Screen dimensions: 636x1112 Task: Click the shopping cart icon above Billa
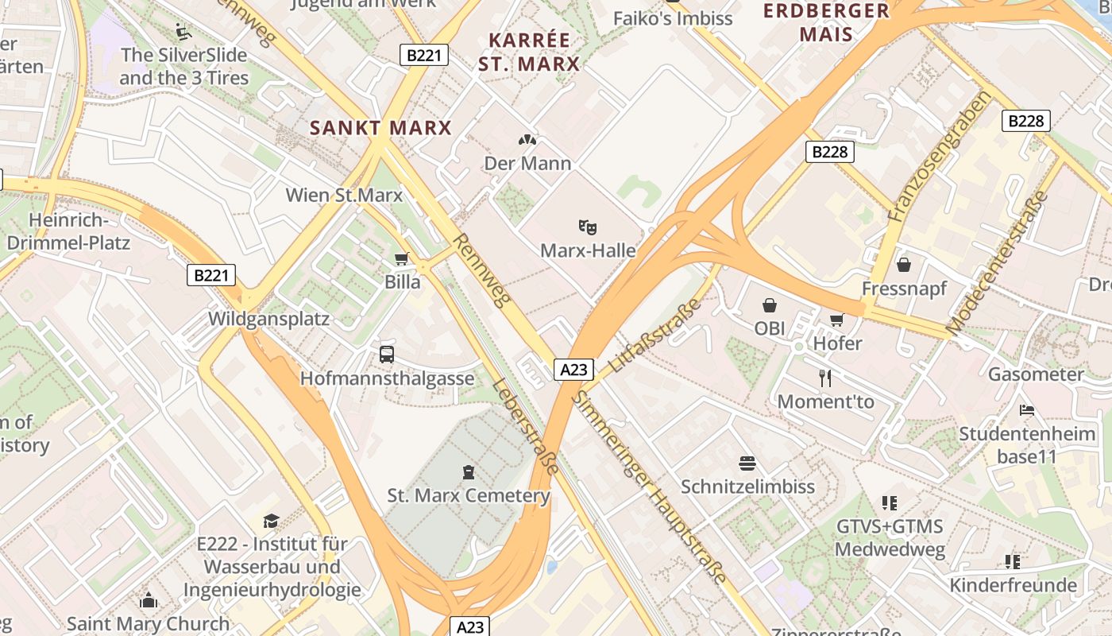pyautogui.click(x=401, y=258)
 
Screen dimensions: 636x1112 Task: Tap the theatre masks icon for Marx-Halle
pyautogui.click(x=588, y=227)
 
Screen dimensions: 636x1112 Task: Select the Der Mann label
pyautogui.click(x=527, y=164)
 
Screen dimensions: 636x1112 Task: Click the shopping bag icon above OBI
pyautogui.click(x=769, y=305)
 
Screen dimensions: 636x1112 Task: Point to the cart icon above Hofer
pyautogui.click(x=836, y=320)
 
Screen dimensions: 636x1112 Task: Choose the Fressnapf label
pyautogui.click(x=904, y=288)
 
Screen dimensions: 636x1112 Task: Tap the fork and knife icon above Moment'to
pyautogui.click(x=825, y=378)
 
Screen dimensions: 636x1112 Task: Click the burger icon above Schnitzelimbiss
pyautogui.click(x=747, y=463)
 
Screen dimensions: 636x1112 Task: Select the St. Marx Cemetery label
pyautogui.click(x=469, y=496)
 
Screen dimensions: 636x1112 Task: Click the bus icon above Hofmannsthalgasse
pyautogui.click(x=387, y=355)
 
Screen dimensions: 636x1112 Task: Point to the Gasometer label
pyautogui.click(x=1035, y=374)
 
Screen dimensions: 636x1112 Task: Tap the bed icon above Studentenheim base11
pyautogui.click(x=1027, y=411)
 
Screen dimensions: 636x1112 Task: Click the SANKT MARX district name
pyautogui.click(x=380, y=127)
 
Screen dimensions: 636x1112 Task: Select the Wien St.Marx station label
pyautogui.click(x=344, y=195)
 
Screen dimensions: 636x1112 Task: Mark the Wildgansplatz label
pyautogui.click(x=268, y=319)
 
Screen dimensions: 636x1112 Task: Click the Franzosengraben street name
pyautogui.click(x=940, y=156)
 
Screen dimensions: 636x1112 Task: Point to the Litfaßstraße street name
pyautogui.click(x=655, y=335)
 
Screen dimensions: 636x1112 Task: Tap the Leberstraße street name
pyautogui.click(x=525, y=425)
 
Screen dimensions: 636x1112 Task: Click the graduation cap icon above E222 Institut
pyautogui.click(x=271, y=521)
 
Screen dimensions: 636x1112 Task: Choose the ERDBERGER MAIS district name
pyautogui.click(x=826, y=22)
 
